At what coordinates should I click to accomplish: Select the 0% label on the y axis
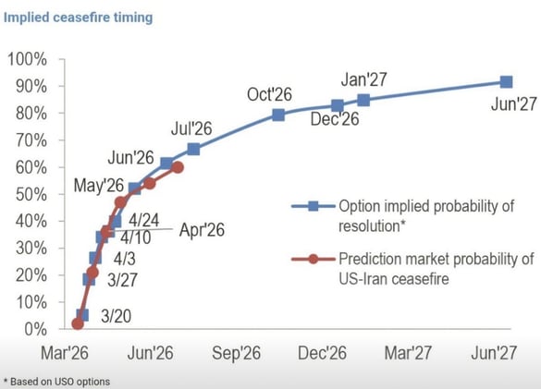(34, 329)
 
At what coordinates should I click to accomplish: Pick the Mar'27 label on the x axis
(409, 353)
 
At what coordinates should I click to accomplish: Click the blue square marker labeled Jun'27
(507, 82)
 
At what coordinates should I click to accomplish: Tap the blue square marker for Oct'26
(278, 115)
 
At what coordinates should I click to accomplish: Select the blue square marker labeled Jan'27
(363, 100)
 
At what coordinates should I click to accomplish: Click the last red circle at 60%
(178, 167)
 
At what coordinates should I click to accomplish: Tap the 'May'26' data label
(100, 187)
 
